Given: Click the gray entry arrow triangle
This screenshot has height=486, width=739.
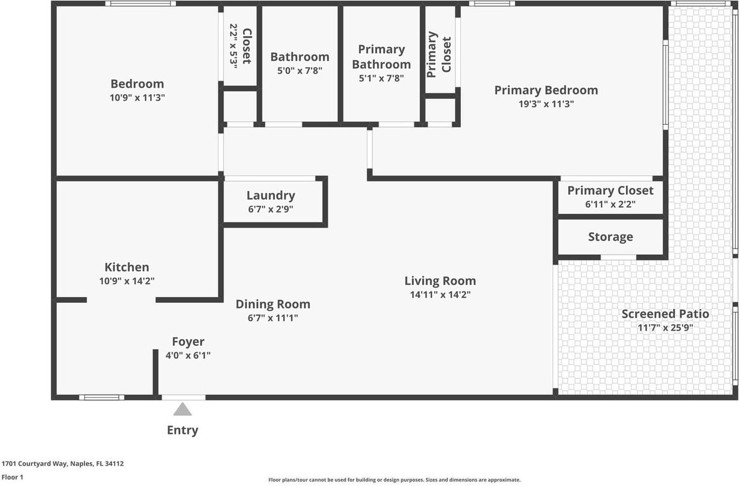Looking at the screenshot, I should pos(182,410).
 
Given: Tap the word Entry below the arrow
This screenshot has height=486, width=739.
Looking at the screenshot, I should pos(182,430).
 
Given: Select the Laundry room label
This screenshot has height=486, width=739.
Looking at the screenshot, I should pos(271,195).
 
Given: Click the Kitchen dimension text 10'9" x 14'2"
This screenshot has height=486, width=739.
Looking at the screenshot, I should pos(126,281).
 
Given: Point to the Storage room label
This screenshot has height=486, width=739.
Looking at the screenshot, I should pos(610,237).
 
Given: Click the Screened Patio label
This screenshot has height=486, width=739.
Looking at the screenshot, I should pos(665,314).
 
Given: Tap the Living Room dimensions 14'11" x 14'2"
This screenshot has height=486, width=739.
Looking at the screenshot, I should pos(440,295).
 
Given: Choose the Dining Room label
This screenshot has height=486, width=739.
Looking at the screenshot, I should pos(273,304).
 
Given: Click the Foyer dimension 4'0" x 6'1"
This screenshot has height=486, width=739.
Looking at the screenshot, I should pos(188,355).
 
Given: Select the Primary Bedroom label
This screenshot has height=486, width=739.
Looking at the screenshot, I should pos(546,90).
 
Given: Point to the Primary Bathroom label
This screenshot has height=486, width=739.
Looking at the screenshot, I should pos(381,57).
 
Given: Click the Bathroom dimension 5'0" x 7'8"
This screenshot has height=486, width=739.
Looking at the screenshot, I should pos(300,71).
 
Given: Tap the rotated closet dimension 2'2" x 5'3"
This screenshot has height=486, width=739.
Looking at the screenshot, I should pos(234,46).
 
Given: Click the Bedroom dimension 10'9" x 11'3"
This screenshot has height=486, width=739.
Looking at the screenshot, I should pos(137,98).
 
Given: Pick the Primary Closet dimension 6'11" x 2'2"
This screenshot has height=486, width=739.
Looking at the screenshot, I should pos(610,204).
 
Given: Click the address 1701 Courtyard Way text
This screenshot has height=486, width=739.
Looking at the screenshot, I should pos(62,463).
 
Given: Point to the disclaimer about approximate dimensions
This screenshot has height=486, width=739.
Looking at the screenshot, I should pos(394,480).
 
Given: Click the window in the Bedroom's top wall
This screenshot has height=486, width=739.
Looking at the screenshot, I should pos(141,3).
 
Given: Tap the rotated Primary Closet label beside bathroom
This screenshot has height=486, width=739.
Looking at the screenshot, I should pos(439,54).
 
